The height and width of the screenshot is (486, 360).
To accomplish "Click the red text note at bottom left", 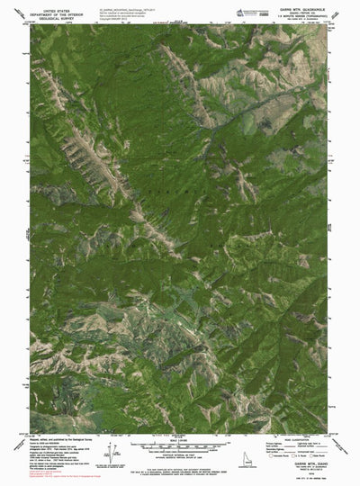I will click(45, 467).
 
